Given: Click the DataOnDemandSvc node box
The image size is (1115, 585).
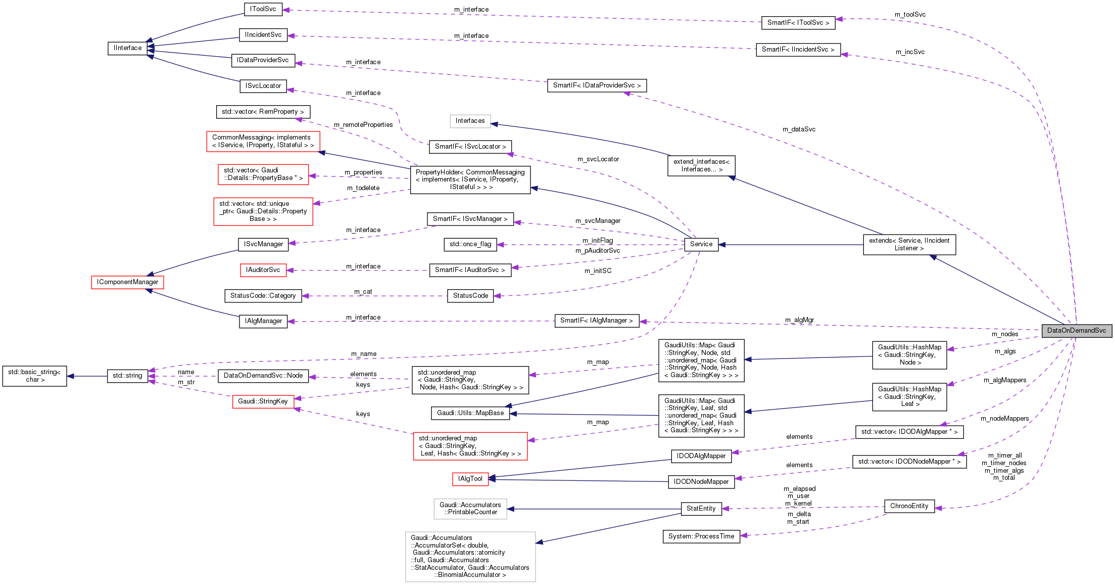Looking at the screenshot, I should (1076, 331).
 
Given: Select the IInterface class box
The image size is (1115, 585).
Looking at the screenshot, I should (127, 48).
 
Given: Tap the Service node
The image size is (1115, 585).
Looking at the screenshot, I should (701, 244).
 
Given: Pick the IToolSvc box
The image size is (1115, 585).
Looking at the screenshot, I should (263, 9).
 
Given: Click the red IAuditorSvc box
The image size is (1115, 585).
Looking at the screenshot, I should (263, 270).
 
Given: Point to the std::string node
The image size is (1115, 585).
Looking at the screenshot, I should (127, 376).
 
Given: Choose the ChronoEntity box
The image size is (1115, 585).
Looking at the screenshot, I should (909, 506).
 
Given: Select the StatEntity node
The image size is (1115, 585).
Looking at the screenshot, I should (701, 509).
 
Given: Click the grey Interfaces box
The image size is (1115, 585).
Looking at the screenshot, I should (470, 121).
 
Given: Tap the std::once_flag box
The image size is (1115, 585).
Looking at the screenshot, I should (470, 244).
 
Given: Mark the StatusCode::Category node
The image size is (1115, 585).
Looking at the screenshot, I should (263, 296).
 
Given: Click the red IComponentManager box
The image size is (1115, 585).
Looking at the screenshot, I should (127, 282).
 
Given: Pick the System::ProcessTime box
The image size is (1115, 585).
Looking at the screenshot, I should (701, 536).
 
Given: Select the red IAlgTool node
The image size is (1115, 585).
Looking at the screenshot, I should (470, 479).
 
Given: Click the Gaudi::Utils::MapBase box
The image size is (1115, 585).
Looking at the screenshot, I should (470, 413).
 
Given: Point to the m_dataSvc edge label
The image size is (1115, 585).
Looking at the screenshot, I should (799, 129).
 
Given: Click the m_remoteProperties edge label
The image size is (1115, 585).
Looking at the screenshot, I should (363, 125).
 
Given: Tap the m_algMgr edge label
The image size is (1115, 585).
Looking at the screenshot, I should (799, 320).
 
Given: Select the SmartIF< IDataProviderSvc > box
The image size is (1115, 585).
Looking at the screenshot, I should (596, 85).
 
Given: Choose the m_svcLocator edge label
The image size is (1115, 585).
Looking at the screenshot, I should (598, 159).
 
